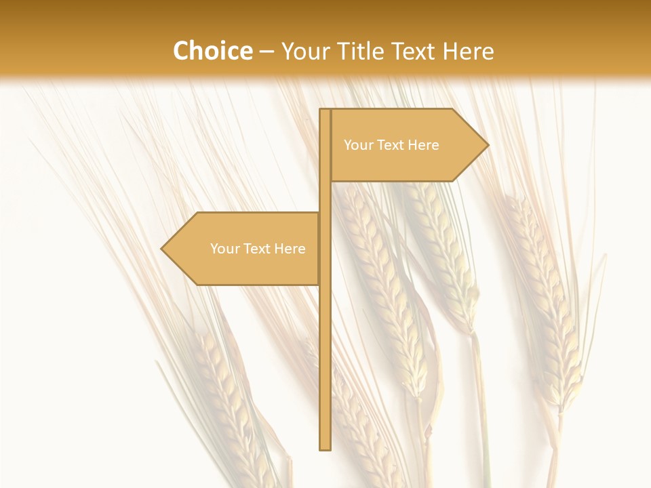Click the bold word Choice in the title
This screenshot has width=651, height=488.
[212, 51]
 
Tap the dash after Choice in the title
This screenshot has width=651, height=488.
[267, 52]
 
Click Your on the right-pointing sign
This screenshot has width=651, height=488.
[357, 145]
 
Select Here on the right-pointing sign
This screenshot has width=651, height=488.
[424, 145]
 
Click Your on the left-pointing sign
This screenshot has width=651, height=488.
[224, 249]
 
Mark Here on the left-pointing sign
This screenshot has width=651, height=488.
[290, 249]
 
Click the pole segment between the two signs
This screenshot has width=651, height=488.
[325, 197]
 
